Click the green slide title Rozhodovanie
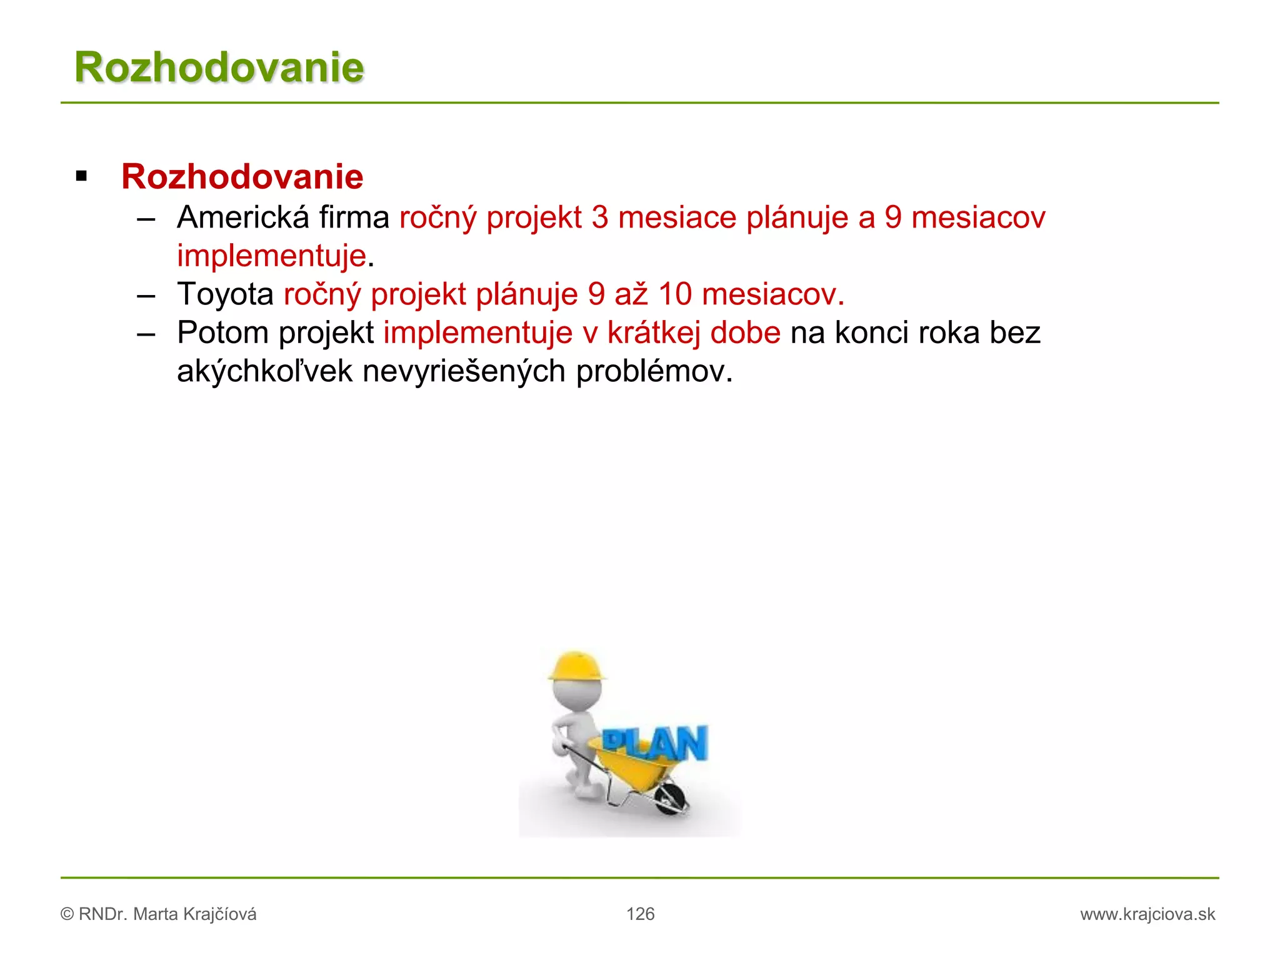point(219,67)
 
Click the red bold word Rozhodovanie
point(242,177)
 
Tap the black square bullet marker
point(81,176)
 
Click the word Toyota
point(225,294)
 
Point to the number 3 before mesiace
point(600,217)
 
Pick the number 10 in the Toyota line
point(675,294)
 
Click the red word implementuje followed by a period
point(271,256)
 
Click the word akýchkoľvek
point(265,371)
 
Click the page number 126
point(641,914)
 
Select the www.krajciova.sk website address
point(1147,914)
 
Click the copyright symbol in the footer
point(67,914)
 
